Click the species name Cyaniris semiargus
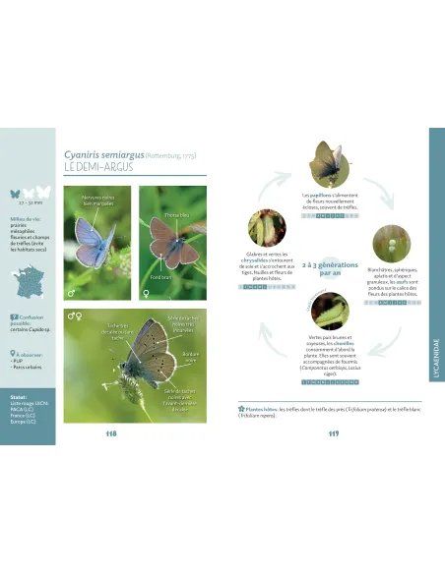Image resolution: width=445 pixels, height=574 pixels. pos(103,154)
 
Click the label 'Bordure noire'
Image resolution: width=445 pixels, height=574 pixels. pos(191,357)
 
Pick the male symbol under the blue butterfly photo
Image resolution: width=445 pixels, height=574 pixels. pos(71,293)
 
